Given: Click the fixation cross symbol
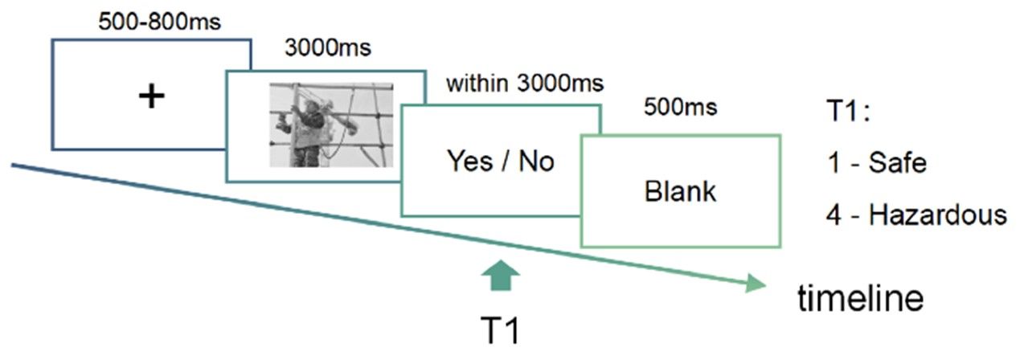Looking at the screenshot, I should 151,96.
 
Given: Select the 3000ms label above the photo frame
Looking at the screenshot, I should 328,48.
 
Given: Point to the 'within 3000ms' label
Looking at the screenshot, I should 525,83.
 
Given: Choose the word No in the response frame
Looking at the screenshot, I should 536,162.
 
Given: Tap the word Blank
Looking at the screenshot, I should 680,192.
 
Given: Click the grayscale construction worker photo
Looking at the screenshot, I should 330,125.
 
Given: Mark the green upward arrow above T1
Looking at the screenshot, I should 503,276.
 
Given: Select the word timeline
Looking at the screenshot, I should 860,299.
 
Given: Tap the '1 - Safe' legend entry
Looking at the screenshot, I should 877,164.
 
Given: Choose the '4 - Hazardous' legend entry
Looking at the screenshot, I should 916,215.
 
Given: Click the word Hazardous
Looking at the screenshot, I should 938,215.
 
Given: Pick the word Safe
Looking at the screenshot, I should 901,164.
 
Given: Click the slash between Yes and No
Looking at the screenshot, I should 504,162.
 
